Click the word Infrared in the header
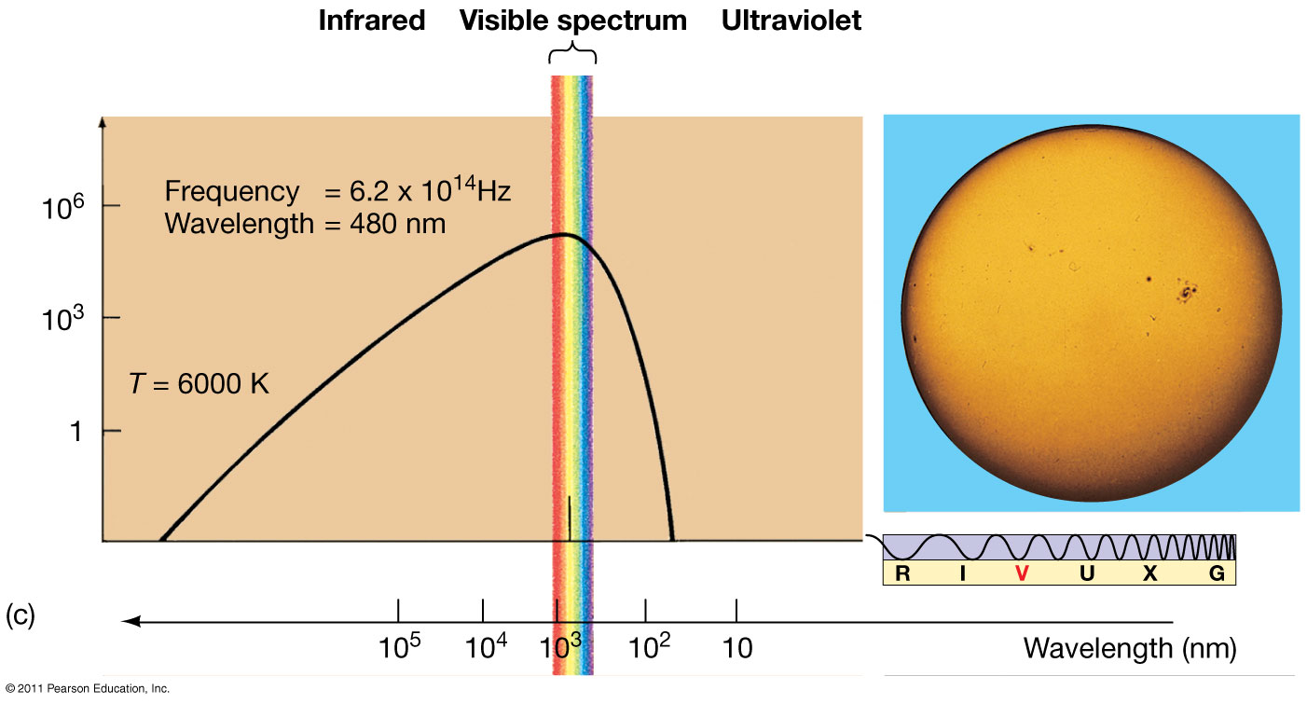pos(371,21)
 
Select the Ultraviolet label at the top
pos(791,21)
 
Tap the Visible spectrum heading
pos(572,21)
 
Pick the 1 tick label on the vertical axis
pos(76,431)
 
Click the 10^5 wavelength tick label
pos(398,645)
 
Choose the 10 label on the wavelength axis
pos(736,647)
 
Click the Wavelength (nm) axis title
pos(1130,647)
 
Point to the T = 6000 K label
pos(199,381)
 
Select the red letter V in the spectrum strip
pos(1022,573)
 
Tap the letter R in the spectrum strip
pos(901,573)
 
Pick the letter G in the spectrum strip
pos(1217,573)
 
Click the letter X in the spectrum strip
pos(1149,573)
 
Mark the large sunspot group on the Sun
pos(1187,293)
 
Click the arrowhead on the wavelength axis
pos(131,621)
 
